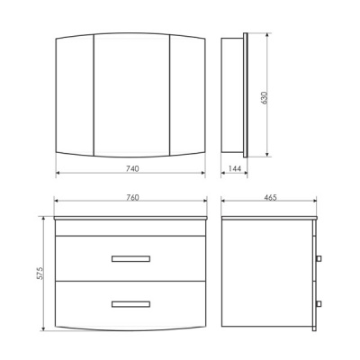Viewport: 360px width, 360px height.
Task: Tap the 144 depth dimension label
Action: (234, 168)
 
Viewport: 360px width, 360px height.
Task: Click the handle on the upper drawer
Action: (130, 259)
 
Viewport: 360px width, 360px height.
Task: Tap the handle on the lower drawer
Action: (130, 304)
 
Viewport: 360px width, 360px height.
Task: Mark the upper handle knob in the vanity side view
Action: (318, 259)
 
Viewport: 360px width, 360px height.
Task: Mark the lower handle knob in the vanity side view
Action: (318, 304)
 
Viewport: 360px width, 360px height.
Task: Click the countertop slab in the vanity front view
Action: (130, 219)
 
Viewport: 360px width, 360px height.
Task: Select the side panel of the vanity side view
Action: (265, 274)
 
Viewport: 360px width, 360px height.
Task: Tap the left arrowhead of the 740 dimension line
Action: (58, 174)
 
